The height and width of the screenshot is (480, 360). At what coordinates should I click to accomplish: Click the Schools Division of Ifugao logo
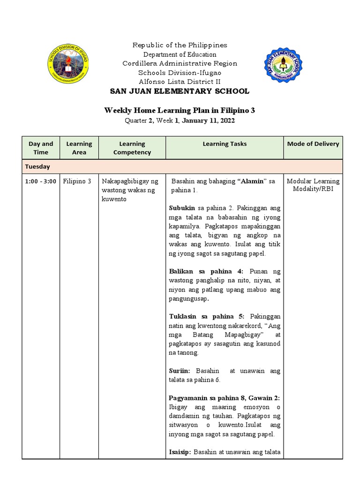(68, 64)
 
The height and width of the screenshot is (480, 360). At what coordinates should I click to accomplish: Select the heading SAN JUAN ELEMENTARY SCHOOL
(180, 91)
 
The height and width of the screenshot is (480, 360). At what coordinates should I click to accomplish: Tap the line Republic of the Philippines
(180, 45)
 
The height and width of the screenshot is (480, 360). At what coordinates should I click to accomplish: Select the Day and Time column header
(41, 148)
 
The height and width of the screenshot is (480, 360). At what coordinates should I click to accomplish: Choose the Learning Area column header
(79, 148)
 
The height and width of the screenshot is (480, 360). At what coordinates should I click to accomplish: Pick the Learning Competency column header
(132, 148)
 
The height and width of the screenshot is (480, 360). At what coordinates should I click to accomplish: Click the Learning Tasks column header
(225, 144)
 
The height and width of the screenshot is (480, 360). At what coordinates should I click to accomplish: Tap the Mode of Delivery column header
(313, 144)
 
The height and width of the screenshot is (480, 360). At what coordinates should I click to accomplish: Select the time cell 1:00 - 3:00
(41, 181)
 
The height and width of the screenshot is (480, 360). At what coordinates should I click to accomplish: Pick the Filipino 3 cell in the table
(77, 181)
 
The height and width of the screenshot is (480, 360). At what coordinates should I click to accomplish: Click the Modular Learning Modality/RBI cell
(313, 185)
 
